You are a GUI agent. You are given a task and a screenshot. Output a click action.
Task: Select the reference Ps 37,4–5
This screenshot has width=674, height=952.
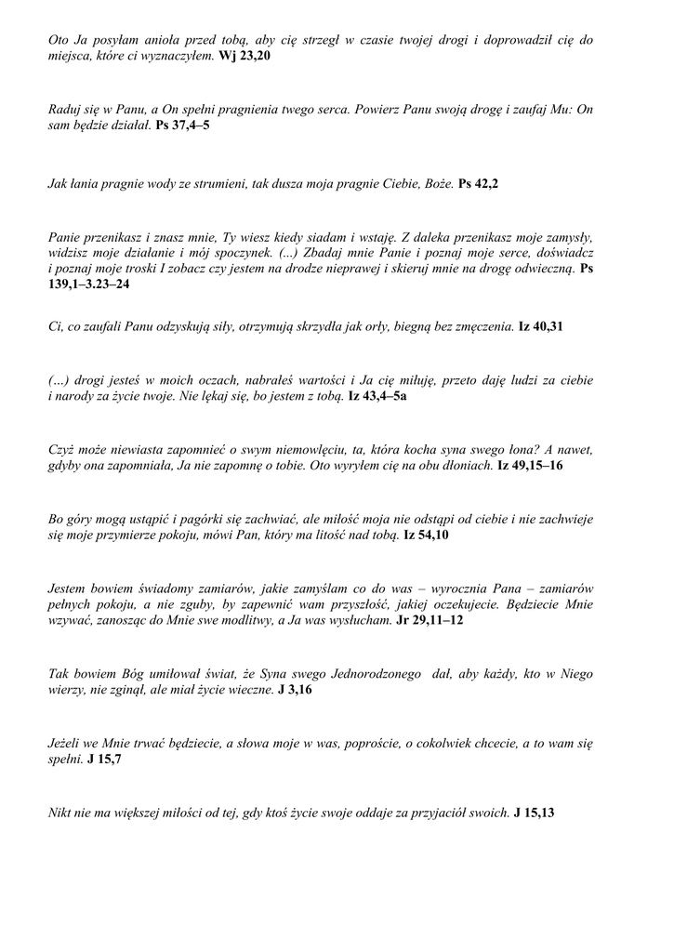coord(182,124)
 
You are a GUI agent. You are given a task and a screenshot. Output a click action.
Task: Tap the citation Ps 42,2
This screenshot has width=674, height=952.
coord(479,184)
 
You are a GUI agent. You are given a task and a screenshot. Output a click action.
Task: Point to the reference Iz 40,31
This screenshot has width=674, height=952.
coord(540,327)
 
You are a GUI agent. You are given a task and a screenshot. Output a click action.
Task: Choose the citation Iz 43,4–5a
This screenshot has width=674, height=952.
coord(377,395)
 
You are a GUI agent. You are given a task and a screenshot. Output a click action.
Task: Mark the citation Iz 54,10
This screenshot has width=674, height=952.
coord(427,535)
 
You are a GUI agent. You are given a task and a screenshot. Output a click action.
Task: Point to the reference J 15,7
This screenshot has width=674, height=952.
coord(104,759)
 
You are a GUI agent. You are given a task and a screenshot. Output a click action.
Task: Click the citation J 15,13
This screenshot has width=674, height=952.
coord(534,813)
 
